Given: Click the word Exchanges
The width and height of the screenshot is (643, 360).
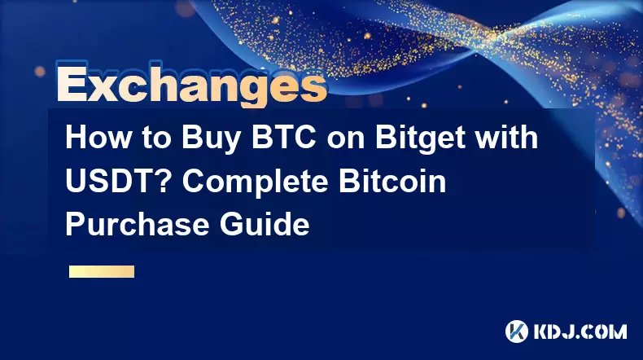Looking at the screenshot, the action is pos(191,85).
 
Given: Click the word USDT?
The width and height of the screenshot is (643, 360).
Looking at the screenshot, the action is pos(120,182).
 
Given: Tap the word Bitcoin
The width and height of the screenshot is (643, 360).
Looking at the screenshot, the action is pos(392,182).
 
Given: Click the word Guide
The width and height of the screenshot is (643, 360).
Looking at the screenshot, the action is pos(265,225).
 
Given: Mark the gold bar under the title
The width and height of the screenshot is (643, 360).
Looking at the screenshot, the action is pos(102,271).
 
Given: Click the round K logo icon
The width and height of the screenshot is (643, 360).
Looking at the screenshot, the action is pos(516,331).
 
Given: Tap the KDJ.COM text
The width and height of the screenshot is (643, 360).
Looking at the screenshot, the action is pos(580,331).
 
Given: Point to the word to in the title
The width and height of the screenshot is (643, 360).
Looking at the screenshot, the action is pos(157,138).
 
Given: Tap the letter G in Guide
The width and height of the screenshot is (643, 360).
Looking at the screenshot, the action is pos(232,225).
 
